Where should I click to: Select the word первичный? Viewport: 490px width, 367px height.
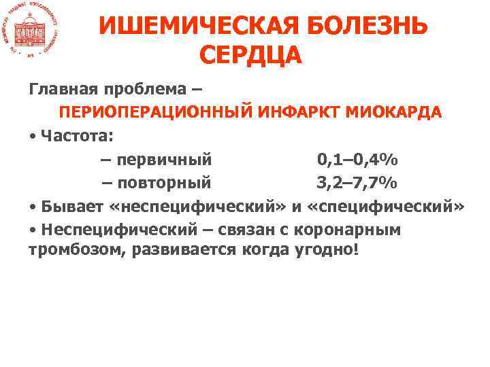tap(163, 160)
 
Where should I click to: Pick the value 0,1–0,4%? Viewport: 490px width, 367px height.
tap(358, 160)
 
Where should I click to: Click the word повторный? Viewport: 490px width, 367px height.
tap(163, 183)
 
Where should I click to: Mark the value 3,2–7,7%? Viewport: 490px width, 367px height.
tap(358, 183)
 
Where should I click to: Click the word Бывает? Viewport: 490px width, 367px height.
tap(71, 206)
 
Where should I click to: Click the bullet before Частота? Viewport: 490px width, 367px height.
tap(33, 135)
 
